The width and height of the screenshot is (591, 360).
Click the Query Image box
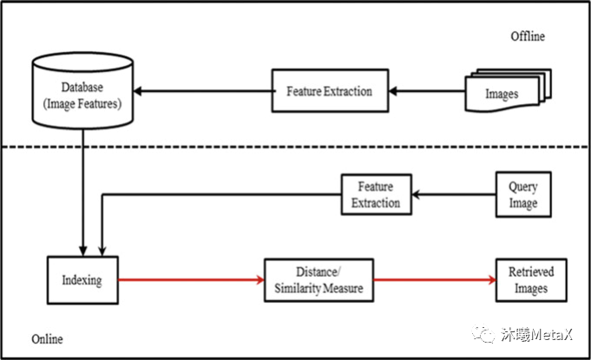click(x=522, y=195)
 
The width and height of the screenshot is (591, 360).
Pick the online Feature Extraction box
click(x=376, y=194)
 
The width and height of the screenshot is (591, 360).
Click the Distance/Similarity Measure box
click(x=318, y=280)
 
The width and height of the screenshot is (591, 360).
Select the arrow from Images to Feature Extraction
click(x=426, y=90)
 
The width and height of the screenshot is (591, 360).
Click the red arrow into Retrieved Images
click(x=434, y=280)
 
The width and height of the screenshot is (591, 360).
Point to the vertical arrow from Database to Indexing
click(x=82, y=191)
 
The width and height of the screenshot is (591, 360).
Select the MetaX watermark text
click(x=542, y=335)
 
